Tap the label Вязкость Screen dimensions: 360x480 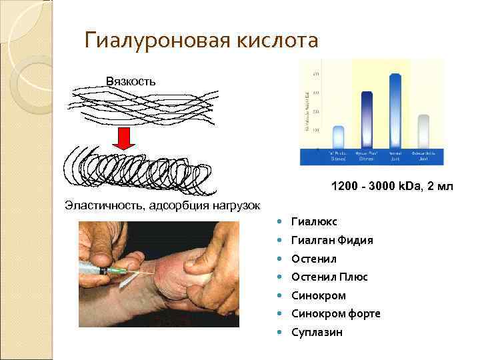tap(131, 81)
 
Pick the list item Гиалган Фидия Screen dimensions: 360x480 tap(331, 240)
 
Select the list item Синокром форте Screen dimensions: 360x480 tap(335, 313)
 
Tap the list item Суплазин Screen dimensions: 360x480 tap(317, 331)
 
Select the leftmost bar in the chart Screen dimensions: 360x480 tap(338, 137)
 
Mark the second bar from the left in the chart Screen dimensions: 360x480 tap(366, 120)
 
